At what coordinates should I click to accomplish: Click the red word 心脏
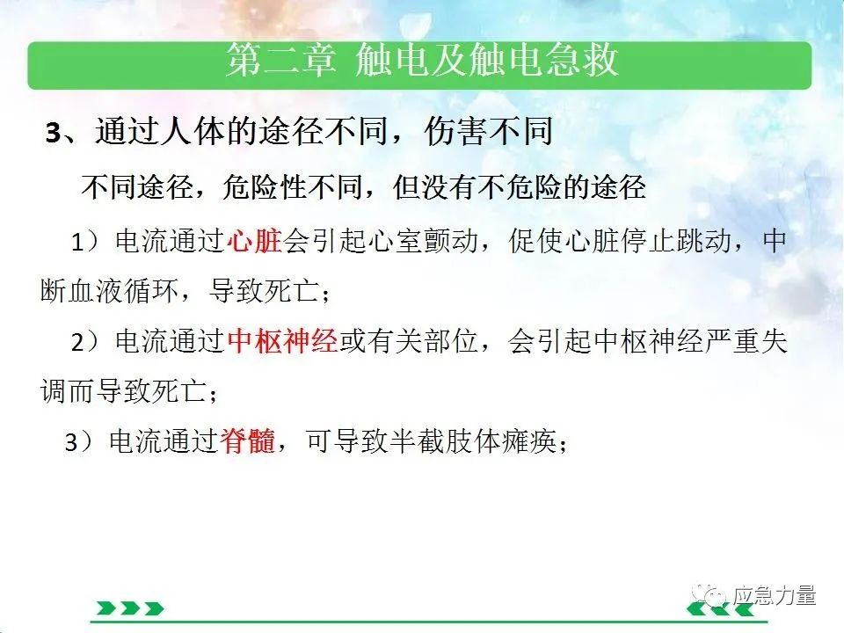tap(255, 241)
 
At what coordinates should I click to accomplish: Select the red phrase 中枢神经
tap(282, 341)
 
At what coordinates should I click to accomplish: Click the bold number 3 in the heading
tap(54, 133)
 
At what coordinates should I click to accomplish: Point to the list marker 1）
tap(85, 242)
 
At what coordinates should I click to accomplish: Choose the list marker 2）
tap(85, 342)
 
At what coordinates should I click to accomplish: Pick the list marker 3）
tap(79, 442)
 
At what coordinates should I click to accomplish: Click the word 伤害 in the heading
tap(456, 131)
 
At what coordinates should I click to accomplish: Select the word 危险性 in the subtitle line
tap(264, 187)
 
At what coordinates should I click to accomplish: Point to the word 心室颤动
tap(424, 241)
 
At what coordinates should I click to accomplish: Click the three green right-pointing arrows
tap(130, 608)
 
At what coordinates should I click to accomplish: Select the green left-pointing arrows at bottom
tap(720, 608)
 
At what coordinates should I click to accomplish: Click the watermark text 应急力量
tap(774, 595)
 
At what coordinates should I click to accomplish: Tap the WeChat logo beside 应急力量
tap(709, 594)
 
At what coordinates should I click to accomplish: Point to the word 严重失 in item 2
tap(746, 341)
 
